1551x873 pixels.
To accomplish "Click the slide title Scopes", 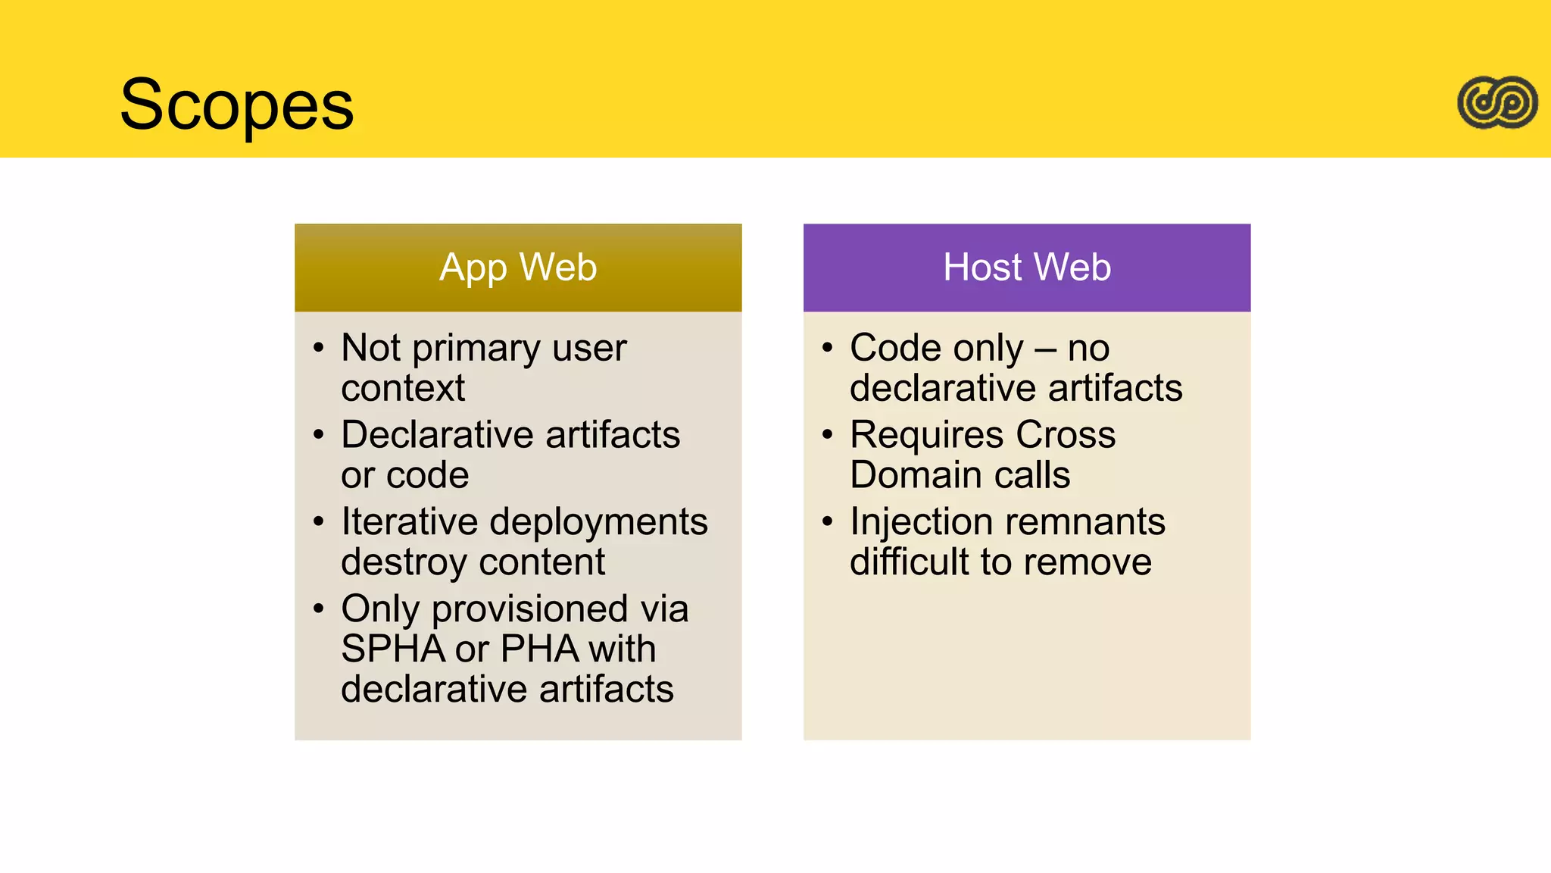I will pyautogui.click(x=237, y=105).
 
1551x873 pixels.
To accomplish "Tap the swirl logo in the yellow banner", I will pyautogui.click(x=1497, y=102).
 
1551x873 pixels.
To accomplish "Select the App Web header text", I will pyautogui.click(x=518, y=268).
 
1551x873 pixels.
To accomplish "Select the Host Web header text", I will pyautogui.click(x=1027, y=268).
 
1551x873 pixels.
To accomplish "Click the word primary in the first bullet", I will pyautogui.click(x=476, y=349).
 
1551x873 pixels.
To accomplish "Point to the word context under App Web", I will pyautogui.click(x=403, y=389).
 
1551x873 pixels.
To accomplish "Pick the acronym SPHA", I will pyautogui.click(x=392, y=649).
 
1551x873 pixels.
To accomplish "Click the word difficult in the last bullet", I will pyautogui.click(x=908, y=562).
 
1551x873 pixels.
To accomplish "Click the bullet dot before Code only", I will pyautogui.click(x=827, y=348).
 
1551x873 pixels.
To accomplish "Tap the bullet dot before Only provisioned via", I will pyautogui.click(x=318, y=609).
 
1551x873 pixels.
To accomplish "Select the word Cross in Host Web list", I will pyautogui.click(x=1066, y=435).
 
